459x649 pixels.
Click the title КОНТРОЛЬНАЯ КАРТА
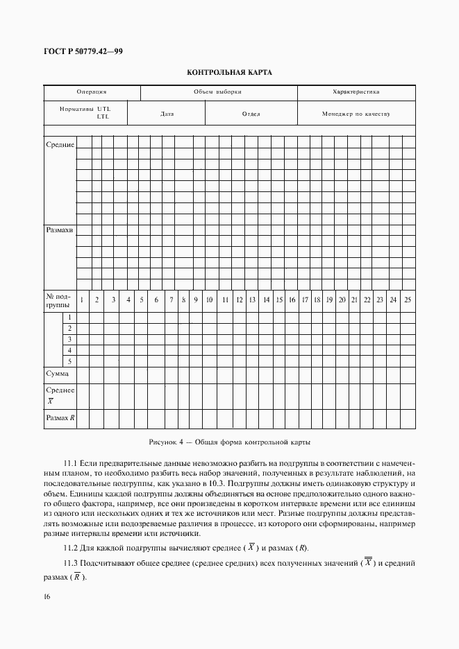pos(229,72)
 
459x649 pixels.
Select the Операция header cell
pos(92,92)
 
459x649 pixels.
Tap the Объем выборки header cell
pos(217,92)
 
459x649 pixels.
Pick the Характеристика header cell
pos(356,92)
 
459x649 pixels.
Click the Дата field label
pos(167,113)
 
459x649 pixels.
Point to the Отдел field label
pos(251,113)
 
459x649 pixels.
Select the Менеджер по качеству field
pos(356,113)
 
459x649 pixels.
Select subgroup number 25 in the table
pos(408,300)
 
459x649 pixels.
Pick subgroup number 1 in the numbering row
pos(82,300)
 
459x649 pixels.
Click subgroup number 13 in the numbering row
pos(252,300)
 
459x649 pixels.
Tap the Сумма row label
pos(57,374)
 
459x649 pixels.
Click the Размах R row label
pos(60,418)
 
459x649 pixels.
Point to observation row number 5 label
pos(69,361)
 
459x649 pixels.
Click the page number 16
pos(47,597)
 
